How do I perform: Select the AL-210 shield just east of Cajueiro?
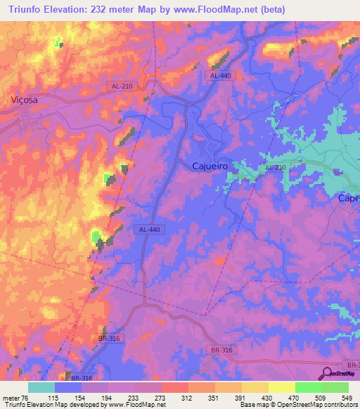pos(275,168)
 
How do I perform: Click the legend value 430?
pos(269,398)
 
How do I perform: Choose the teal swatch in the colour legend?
pos(41,387)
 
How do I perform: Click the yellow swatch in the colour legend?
pos(282,387)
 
